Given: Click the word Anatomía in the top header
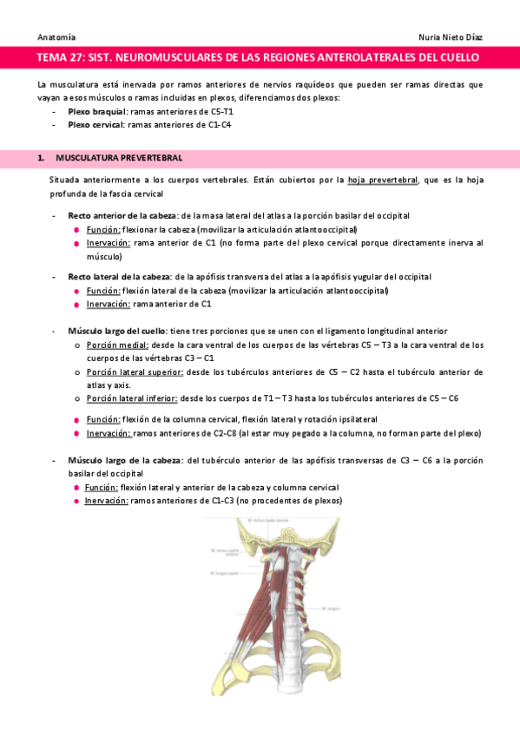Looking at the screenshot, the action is pos(56,38).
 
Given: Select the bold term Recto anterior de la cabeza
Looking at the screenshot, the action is pos(121,214).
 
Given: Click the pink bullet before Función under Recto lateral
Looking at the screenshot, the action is pos(77,291).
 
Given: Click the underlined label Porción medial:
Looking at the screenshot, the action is pos(117,345).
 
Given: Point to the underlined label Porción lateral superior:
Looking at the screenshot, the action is pos(135,371).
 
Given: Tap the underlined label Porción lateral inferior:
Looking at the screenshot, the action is pos(132,398).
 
